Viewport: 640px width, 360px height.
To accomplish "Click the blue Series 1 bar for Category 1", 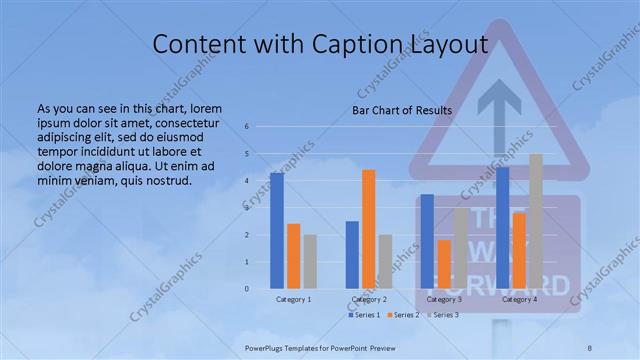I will click(x=277, y=231).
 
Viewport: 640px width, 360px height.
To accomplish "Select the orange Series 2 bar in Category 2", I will click(x=369, y=229).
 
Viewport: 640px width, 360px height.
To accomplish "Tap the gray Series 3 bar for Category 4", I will click(x=536, y=221).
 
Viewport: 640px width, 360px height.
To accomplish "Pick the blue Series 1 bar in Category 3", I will click(x=427, y=241).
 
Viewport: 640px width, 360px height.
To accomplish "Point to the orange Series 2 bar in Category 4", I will click(x=519, y=251).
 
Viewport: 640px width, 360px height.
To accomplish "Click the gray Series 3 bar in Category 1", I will click(x=310, y=262).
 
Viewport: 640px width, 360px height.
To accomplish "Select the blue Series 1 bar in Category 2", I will click(x=352, y=255).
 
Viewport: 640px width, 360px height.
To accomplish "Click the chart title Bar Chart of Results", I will click(x=402, y=110).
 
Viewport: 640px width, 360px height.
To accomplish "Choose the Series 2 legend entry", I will click(x=402, y=315).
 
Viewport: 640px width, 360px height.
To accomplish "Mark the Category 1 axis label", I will click(x=294, y=299).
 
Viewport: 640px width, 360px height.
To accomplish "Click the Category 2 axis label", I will click(x=369, y=299).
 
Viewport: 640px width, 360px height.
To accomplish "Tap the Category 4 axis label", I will click(x=519, y=299).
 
